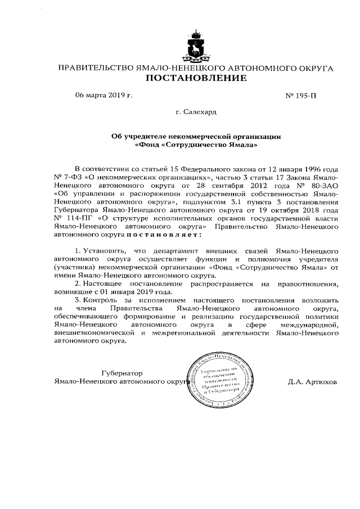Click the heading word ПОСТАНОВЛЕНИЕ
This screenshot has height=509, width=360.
195,79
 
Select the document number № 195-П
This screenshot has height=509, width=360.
301,96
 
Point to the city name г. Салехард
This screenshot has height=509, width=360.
196,112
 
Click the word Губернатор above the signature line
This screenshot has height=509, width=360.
122,373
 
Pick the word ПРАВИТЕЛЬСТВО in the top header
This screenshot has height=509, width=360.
92,68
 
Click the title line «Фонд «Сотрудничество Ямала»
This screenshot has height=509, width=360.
196,145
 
